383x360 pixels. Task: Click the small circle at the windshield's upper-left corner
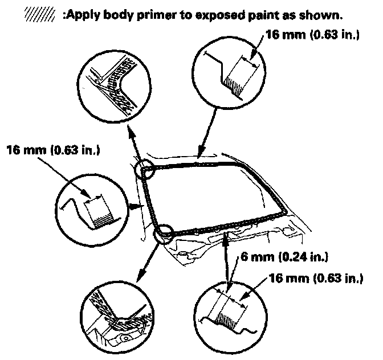point(145,170)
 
